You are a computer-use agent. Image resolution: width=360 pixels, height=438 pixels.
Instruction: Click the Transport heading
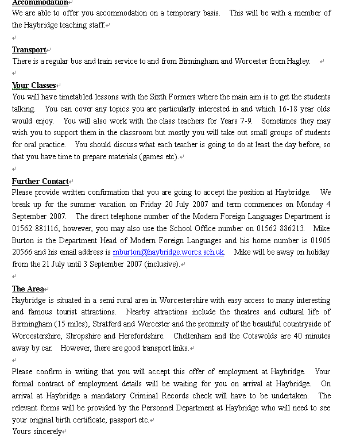click(x=29, y=50)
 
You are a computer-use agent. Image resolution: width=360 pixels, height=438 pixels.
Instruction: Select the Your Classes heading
click(x=34, y=86)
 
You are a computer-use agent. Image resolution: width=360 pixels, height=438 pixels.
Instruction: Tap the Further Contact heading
click(x=40, y=182)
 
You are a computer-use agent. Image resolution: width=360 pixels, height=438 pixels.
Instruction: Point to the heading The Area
click(x=27, y=289)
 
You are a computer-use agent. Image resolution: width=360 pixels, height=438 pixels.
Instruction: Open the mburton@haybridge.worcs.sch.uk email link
click(x=168, y=252)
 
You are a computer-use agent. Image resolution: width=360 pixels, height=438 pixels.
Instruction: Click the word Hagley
click(x=298, y=62)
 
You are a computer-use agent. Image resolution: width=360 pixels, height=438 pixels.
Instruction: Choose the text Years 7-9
click(x=237, y=121)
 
